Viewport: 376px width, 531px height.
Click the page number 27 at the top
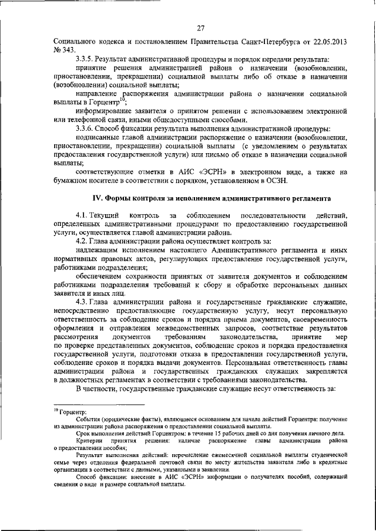click(x=200, y=28)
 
